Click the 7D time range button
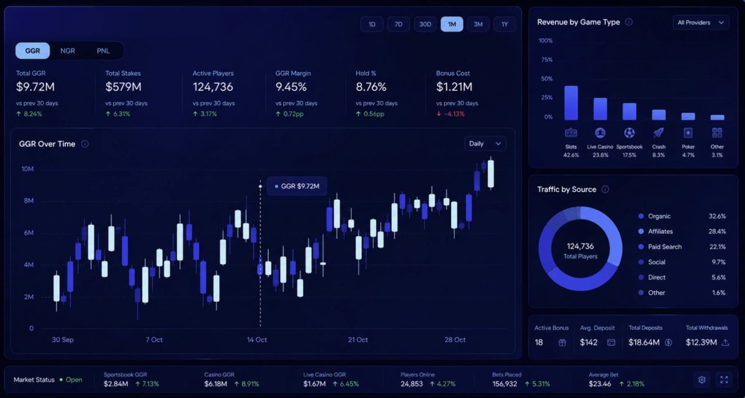399,24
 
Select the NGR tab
68,51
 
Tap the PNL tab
103,51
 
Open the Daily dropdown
485,144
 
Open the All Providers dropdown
701,22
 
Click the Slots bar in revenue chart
571,103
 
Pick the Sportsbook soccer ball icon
630,133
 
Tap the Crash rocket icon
659,133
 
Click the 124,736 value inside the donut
580,246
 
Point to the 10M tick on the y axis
27,169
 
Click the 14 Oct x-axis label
257,340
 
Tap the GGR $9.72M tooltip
297,186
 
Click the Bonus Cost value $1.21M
454,87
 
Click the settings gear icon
702,380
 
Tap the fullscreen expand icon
724,380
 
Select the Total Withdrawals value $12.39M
701,343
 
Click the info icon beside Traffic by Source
605,189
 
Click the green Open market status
74,380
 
